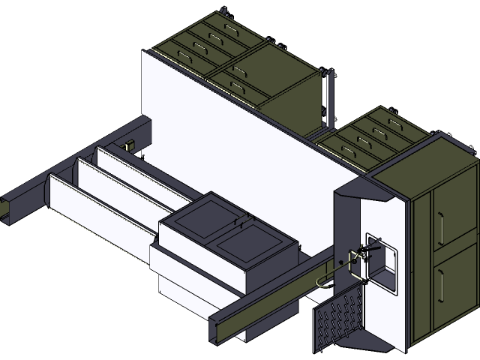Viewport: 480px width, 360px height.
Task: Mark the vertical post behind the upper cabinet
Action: (327, 97)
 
